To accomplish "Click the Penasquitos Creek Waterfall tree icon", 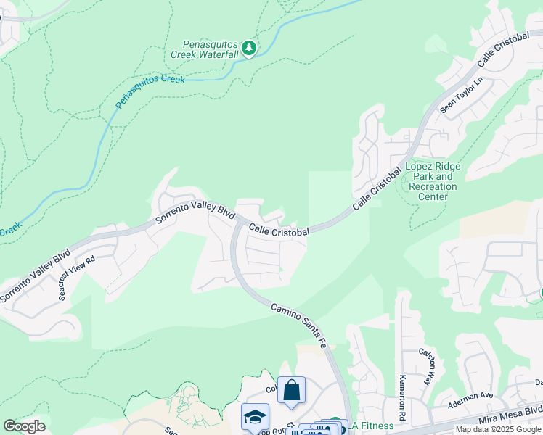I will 250,48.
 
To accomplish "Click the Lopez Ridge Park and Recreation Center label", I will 433,181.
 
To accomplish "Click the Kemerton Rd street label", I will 401,389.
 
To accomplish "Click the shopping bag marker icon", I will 291,390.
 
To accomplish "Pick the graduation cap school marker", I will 255,416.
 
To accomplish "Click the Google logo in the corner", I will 24,426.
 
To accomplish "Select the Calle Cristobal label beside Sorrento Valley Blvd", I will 279,230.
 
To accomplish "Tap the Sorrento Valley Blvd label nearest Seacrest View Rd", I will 34,277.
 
